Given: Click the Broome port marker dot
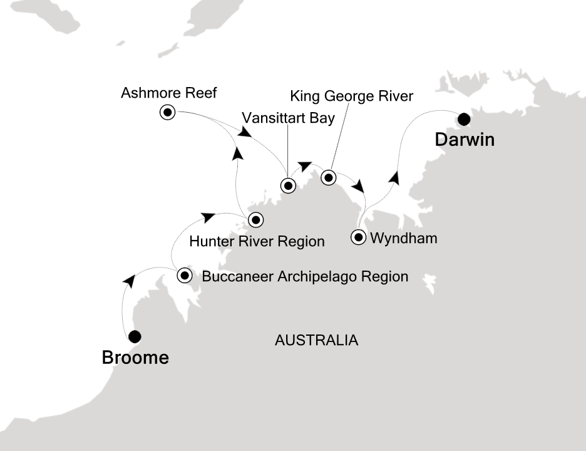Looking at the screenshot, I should pos(134,337).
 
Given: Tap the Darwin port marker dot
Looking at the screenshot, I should pos(464,118).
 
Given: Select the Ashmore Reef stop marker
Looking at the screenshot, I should pos(167,113).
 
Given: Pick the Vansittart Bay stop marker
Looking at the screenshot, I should pos(288,185).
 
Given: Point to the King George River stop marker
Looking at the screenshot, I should pos(328,178).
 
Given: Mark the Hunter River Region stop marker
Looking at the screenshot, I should pos(255,220).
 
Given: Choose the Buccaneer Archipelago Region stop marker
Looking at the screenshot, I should pos(185,275).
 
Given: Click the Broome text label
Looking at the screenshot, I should pos(135,358).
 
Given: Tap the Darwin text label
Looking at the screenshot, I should pos(465,140).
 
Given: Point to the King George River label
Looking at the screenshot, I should pos(352,96).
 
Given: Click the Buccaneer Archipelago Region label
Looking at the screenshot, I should pos(305,276).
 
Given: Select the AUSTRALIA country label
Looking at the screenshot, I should pos(316,340).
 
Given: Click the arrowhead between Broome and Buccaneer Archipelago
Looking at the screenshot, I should pos(129,281).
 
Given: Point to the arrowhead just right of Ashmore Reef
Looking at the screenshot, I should pos(245,132).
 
